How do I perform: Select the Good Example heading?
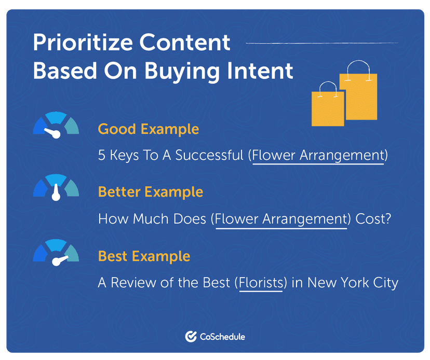click(148, 129)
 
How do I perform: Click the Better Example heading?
click(150, 192)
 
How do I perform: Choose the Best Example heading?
click(144, 256)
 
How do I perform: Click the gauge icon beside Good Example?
click(56, 126)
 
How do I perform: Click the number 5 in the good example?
click(101, 156)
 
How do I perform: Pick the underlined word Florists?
click(261, 284)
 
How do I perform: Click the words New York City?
click(353, 284)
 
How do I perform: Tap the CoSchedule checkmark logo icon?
click(191, 337)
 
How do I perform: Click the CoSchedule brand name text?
click(222, 337)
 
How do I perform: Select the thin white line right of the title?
click(322, 43)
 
